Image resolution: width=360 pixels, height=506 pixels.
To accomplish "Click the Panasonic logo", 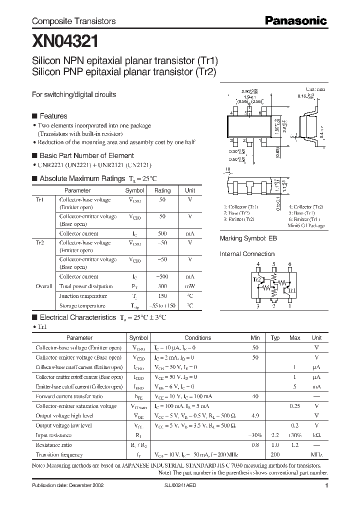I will [x=295, y=21].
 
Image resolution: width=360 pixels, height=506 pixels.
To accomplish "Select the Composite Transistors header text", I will [x=73, y=21].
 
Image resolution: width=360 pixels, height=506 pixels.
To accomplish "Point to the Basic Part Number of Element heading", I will [x=86, y=155].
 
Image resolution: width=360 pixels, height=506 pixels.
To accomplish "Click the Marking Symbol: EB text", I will [x=248, y=239].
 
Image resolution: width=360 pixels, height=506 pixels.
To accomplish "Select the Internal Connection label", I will [x=247, y=254].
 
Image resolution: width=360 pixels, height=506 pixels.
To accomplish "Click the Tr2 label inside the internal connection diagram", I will [x=256, y=280].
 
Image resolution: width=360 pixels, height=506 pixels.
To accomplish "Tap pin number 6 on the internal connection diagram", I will [x=290, y=264].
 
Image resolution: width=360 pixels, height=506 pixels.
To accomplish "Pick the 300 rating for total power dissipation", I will [x=162, y=286].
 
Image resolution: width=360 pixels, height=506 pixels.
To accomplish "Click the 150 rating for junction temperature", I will [x=162, y=296].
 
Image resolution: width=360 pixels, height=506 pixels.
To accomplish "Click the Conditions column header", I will [x=198, y=338].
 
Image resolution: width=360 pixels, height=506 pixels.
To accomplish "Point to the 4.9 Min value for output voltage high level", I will [x=255, y=415].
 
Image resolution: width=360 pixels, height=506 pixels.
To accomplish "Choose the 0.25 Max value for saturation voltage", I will [x=295, y=406].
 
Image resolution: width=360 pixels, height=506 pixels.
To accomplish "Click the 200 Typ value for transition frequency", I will [x=274, y=455].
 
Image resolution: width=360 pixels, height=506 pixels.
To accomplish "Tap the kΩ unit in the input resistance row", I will [x=316, y=435].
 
